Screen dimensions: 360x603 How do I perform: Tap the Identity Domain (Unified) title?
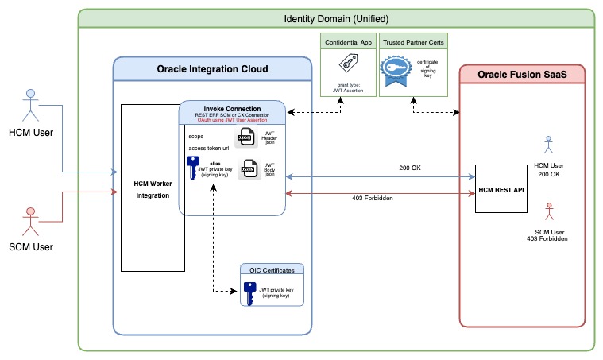point(336,18)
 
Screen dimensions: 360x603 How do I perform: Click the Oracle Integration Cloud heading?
point(211,70)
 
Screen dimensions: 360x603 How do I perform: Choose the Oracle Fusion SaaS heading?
point(524,75)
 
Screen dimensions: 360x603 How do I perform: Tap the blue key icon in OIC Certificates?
point(248,292)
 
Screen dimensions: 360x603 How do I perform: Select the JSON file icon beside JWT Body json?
point(249,170)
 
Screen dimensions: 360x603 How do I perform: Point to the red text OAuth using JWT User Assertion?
point(232,122)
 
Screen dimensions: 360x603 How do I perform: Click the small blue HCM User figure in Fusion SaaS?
point(547,144)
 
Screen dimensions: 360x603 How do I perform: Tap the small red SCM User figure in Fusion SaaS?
point(547,212)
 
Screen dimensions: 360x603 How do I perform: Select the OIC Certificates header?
point(273,270)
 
